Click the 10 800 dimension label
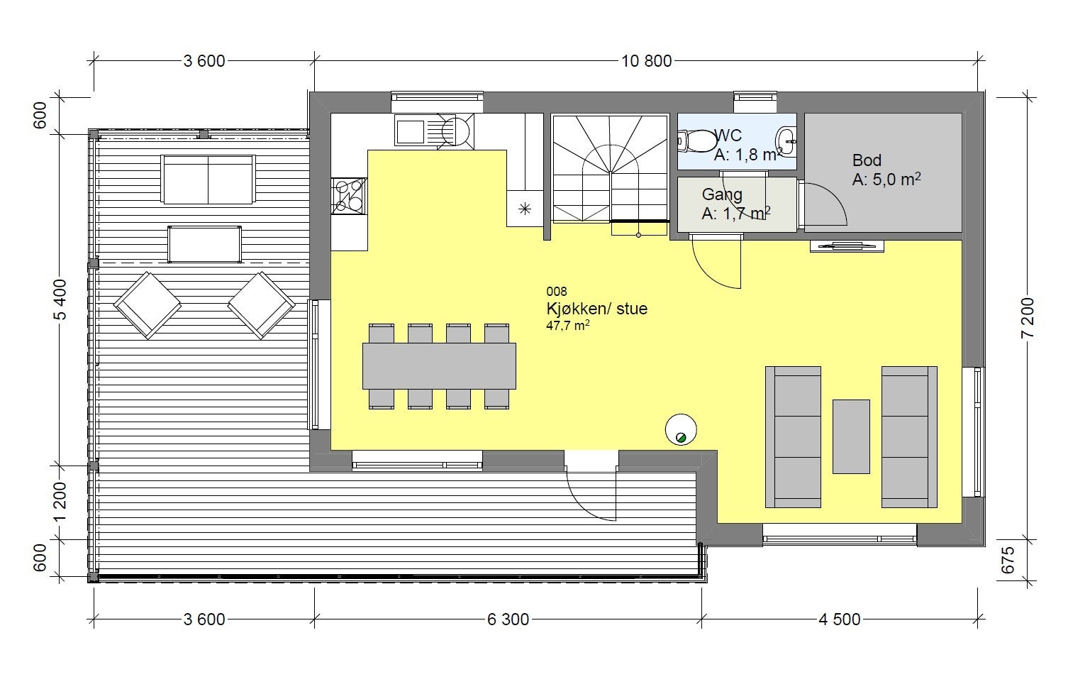point(646,61)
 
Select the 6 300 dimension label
point(508,619)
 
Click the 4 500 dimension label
point(840,619)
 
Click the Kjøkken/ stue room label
point(596,309)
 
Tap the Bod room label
point(867,160)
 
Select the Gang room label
point(722,194)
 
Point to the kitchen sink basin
point(408,132)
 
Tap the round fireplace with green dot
point(681,429)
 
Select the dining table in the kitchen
point(439,366)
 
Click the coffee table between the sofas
point(851,436)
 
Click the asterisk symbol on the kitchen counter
point(525,209)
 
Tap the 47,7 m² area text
point(567,326)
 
